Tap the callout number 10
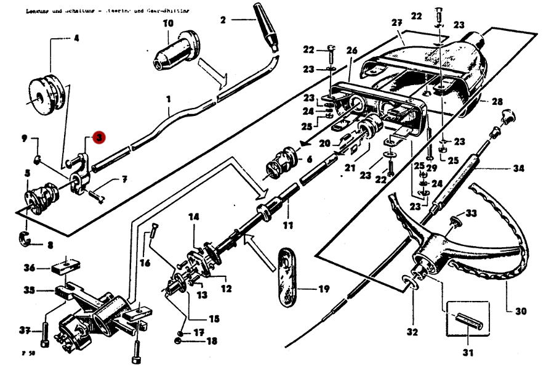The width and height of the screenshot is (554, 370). coord(168,23)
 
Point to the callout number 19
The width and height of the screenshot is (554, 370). coord(323,288)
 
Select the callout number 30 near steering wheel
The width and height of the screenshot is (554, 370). coord(521,311)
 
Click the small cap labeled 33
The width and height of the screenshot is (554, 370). coord(456,220)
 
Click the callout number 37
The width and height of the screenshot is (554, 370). coord(25,331)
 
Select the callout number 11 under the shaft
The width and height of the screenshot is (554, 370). coord(287,225)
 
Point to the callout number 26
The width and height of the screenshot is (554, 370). coord(351,50)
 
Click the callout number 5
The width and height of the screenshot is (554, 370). coord(26,174)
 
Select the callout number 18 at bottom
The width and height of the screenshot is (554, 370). coord(211,341)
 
